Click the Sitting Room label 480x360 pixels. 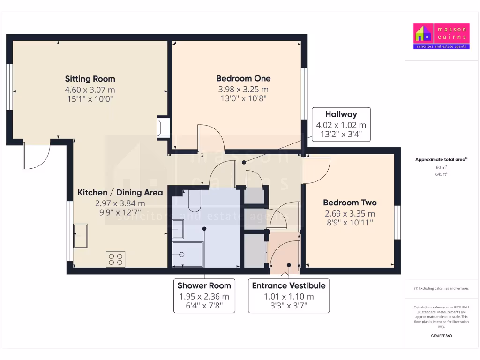pyautogui.click(x=90, y=79)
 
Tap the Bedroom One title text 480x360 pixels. pyautogui.click(x=243, y=78)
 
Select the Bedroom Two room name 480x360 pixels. pyautogui.click(x=350, y=202)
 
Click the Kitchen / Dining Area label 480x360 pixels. pyautogui.click(x=120, y=192)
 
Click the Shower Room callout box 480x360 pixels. pyautogui.click(x=204, y=296)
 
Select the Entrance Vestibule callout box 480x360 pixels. pyautogui.click(x=288, y=296)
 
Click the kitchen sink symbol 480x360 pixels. pyautogui.click(x=80, y=235)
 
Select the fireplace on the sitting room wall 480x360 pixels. pyautogui.click(x=164, y=127)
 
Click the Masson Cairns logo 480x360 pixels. pyautogui.click(x=440, y=36)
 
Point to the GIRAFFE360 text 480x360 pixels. pyautogui.click(x=441, y=336)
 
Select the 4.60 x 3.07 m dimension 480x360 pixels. pyautogui.click(x=90, y=90)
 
